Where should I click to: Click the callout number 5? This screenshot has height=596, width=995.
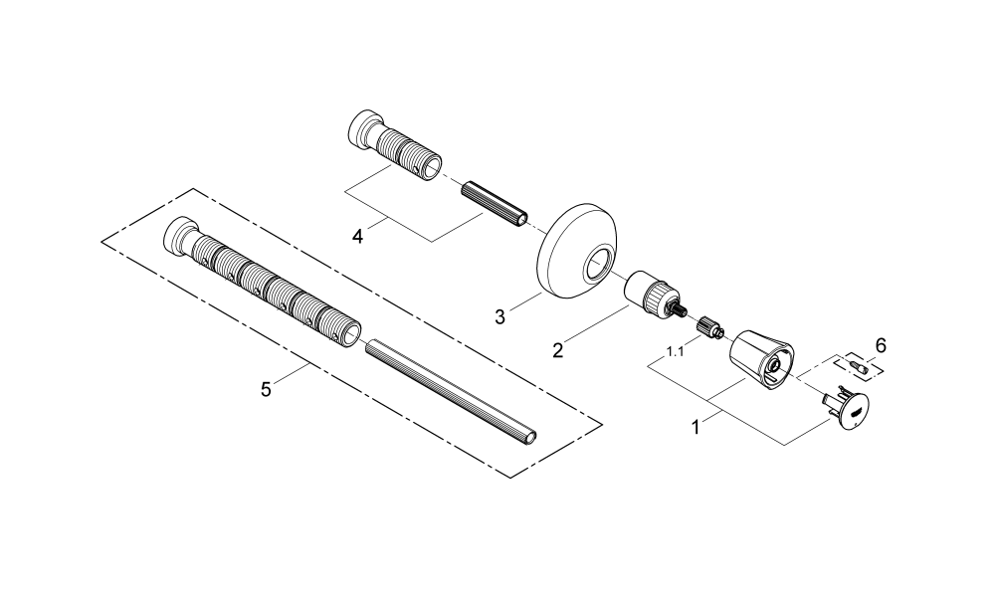266,389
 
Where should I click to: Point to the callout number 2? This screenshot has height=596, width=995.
558,349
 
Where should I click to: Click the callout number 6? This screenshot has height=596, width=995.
880,345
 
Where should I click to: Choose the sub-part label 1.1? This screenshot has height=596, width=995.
676,351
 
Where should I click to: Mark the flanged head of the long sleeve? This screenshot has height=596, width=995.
179,236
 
